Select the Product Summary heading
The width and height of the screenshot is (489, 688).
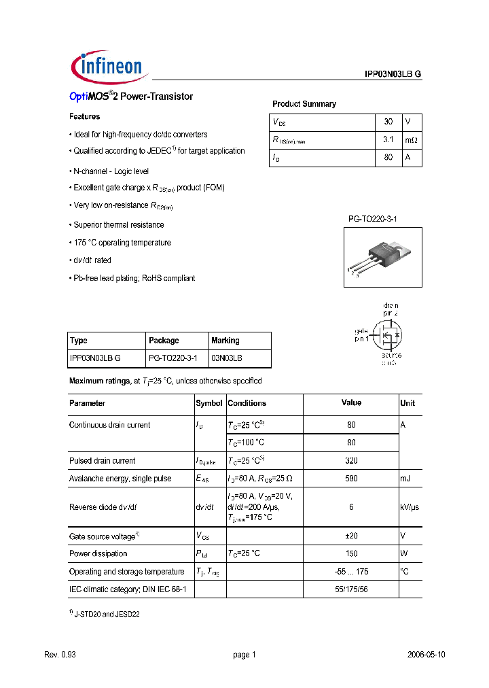[304, 104]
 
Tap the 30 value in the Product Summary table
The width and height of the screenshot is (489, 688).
[388, 122]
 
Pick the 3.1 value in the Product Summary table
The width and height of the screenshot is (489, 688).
[388, 139]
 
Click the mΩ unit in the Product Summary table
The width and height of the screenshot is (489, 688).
[412, 139]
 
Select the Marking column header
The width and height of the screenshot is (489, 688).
[225, 341]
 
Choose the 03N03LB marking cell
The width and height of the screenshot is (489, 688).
[227, 358]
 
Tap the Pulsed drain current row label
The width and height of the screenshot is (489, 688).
[102, 461]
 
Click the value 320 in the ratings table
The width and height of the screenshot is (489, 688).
[351, 461]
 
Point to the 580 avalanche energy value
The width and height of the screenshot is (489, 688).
[351, 479]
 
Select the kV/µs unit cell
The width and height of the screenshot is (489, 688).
[411, 507]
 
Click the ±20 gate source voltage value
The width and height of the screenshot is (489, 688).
[351, 536]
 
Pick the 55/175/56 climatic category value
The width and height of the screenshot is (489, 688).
[351, 589]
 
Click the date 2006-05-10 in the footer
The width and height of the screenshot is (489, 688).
[426, 655]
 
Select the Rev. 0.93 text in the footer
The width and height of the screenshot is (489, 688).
[59, 655]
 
